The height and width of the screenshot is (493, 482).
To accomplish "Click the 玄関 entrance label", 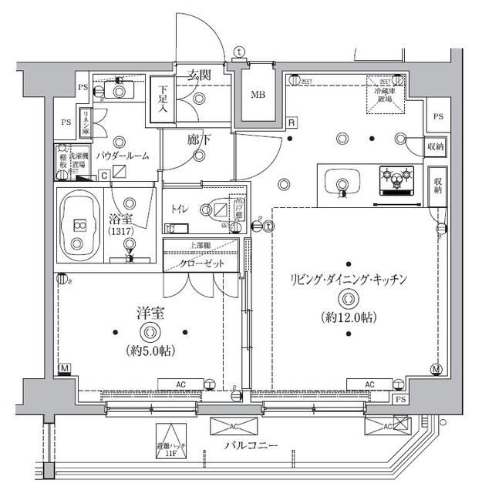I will [199, 75].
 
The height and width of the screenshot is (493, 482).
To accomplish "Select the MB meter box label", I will [258, 96].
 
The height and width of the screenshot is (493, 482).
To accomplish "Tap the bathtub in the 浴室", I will [79, 226].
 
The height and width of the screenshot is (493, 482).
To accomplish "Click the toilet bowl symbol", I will [215, 209].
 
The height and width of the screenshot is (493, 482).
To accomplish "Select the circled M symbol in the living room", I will [436, 370].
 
